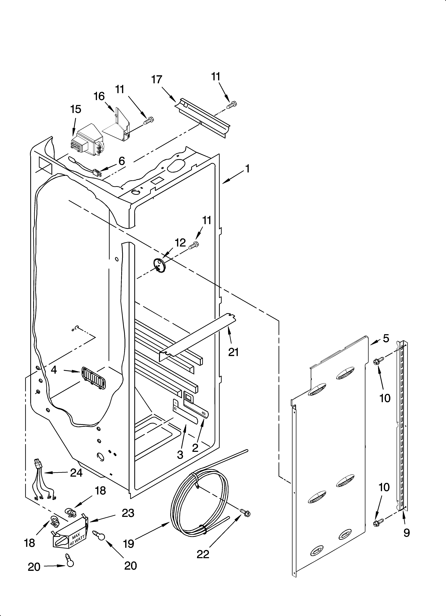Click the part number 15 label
click(x=76, y=109)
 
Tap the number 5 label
click(x=386, y=338)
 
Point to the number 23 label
click(x=128, y=513)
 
